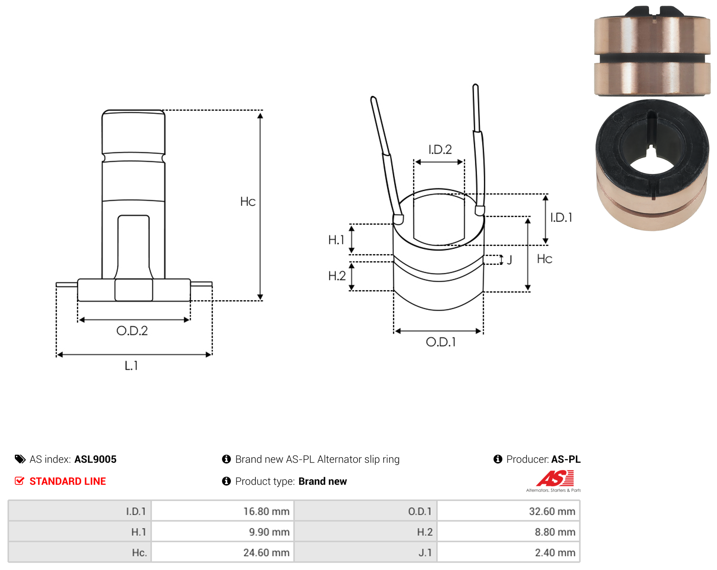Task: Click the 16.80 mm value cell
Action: point(223,511)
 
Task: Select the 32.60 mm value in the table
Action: point(509,511)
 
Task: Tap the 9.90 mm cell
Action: point(223,531)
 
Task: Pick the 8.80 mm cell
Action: point(509,531)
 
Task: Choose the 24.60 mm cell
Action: point(223,552)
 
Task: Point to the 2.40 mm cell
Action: point(509,552)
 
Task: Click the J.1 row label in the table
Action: point(425,552)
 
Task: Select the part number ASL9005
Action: point(96,459)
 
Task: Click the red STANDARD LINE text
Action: point(68,481)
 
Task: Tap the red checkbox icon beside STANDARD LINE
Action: point(20,481)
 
